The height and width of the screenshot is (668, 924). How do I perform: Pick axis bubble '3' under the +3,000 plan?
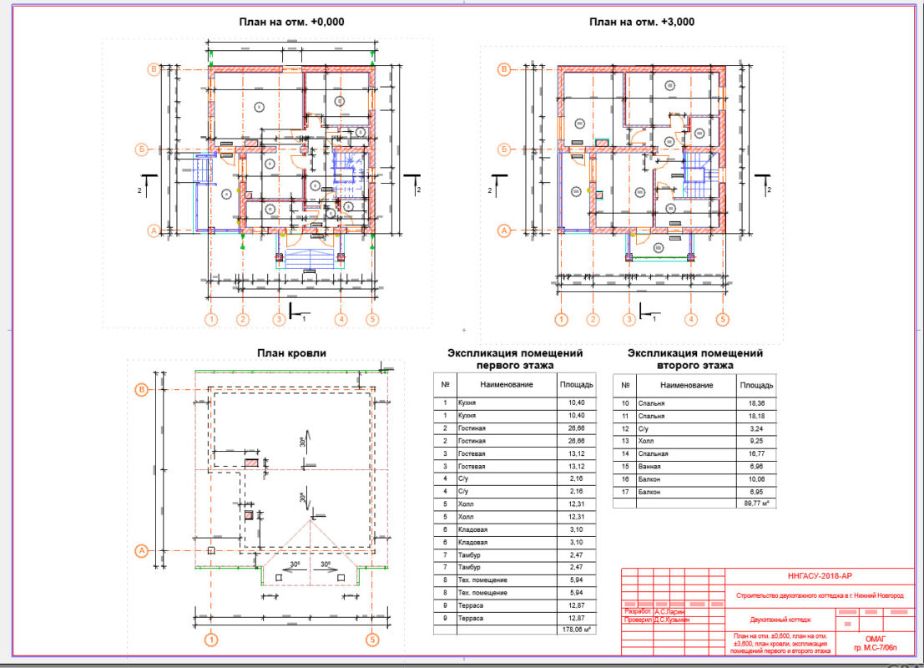[x=629, y=319]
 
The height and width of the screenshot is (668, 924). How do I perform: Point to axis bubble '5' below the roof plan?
[x=372, y=640]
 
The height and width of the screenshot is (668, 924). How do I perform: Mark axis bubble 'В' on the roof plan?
[x=142, y=390]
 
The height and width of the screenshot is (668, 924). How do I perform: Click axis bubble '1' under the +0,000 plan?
[x=212, y=319]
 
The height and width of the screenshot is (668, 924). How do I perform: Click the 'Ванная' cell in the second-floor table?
[x=650, y=467]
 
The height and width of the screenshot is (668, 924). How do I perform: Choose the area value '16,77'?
[x=756, y=453]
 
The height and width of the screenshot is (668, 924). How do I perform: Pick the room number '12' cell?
[x=624, y=428]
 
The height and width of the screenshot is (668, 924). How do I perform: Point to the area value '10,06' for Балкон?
[x=756, y=479]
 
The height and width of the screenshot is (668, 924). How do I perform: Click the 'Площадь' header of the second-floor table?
[x=756, y=385]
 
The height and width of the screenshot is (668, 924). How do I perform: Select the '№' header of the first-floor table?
[x=445, y=385]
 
